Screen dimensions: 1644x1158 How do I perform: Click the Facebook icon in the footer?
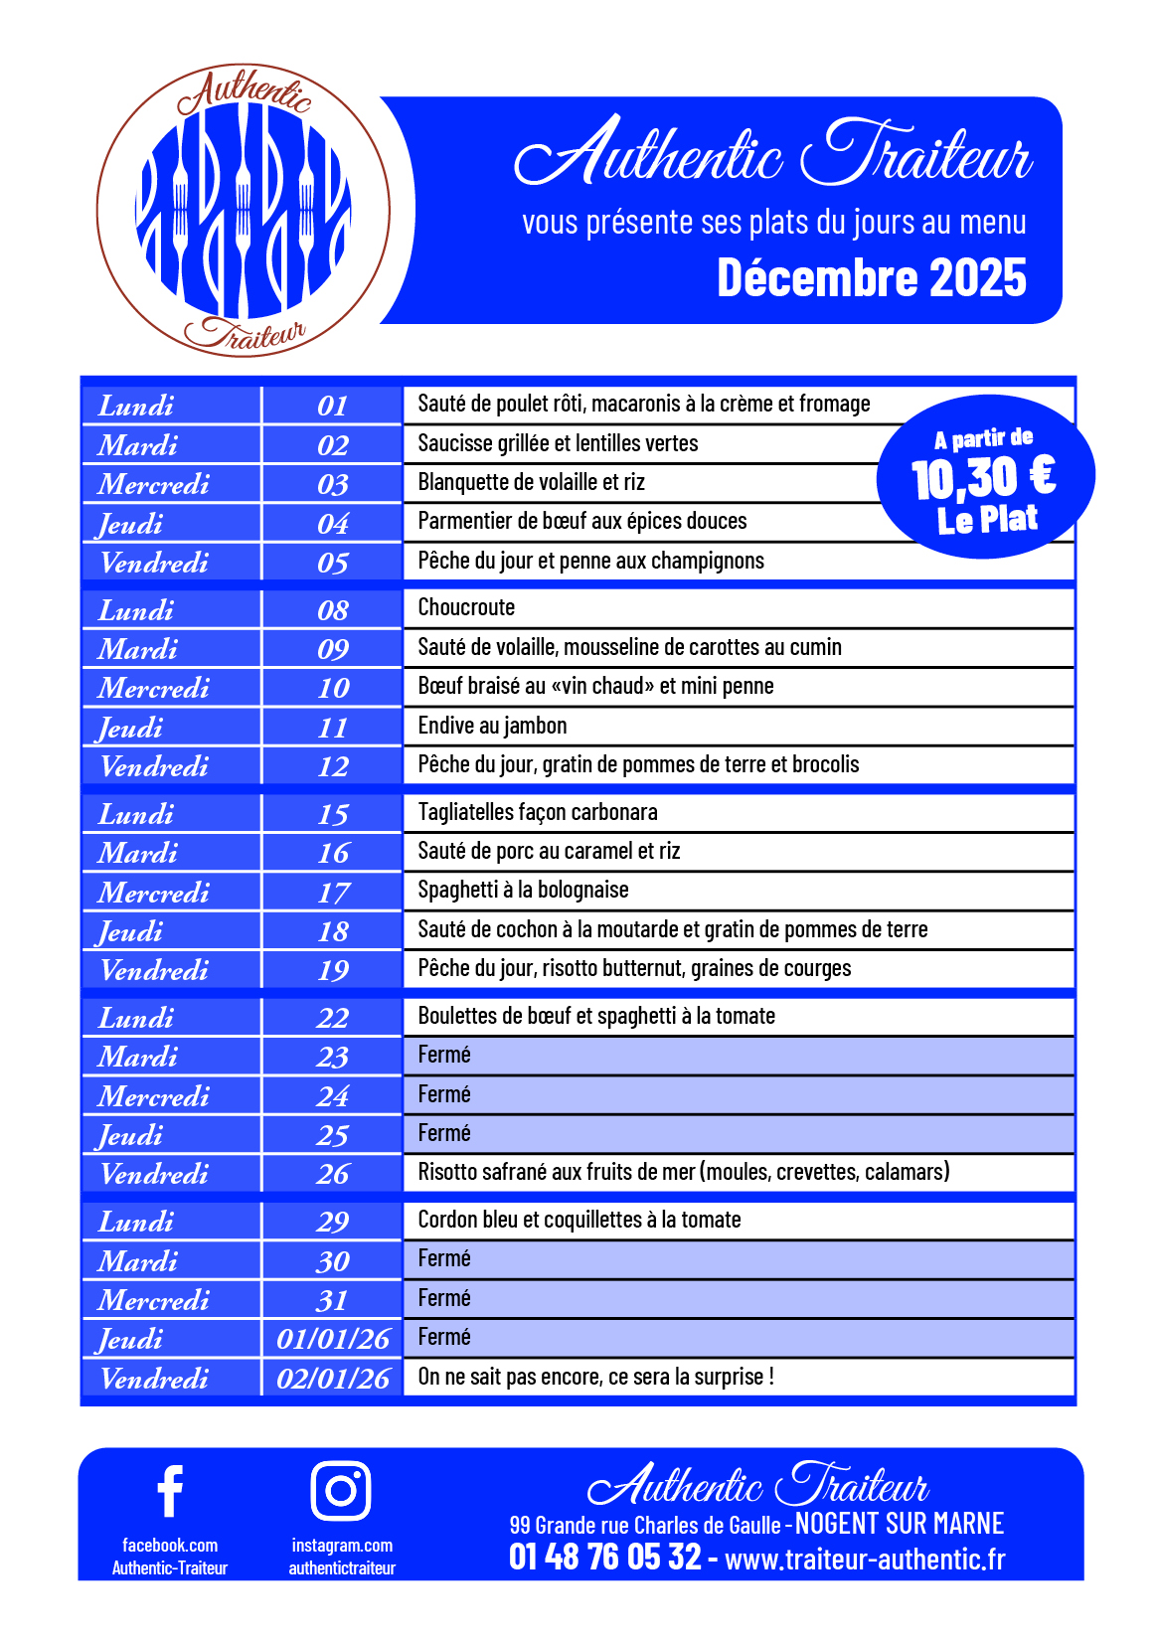170,1491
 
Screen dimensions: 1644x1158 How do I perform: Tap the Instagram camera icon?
341,1490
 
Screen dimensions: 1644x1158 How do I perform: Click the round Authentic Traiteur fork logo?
243,211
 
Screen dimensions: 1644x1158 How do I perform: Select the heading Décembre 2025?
872,278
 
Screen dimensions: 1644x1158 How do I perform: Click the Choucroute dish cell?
466,607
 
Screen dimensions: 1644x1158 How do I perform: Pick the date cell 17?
333,893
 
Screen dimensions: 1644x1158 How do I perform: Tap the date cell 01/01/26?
333,1339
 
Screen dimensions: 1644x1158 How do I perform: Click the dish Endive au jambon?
492,726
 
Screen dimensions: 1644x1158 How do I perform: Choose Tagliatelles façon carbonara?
538,812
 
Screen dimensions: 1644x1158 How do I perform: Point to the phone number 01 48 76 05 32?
604,1557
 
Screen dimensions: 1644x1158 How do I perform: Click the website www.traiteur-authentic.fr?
865,1560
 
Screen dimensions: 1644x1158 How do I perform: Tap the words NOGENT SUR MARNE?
900,1524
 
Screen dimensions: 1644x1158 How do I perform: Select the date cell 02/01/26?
333,1379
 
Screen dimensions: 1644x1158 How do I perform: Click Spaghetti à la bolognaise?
523,890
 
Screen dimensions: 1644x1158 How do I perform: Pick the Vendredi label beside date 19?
154,970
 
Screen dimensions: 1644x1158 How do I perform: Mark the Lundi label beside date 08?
136,609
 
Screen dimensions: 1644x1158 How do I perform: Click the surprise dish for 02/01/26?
595,1377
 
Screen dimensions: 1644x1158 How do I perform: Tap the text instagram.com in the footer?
342,1546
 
